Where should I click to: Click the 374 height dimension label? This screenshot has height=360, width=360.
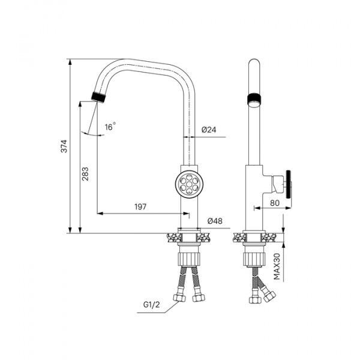pyautogui.click(x=65, y=146)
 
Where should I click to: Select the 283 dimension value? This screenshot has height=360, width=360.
pyautogui.click(x=85, y=173)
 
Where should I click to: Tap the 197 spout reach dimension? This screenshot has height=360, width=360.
pyautogui.click(x=140, y=207)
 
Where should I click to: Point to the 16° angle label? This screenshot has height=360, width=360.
pyautogui.click(x=110, y=127)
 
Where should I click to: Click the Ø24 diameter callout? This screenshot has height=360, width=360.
pyautogui.click(x=209, y=130)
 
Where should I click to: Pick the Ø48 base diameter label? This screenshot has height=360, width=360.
pyautogui.click(x=215, y=221)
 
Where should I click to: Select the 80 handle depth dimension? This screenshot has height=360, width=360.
pyautogui.click(x=275, y=203)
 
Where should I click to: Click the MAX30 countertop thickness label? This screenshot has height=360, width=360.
pyautogui.click(x=277, y=266)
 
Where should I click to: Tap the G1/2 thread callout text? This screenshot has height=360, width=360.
pyautogui.click(x=151, y=305)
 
